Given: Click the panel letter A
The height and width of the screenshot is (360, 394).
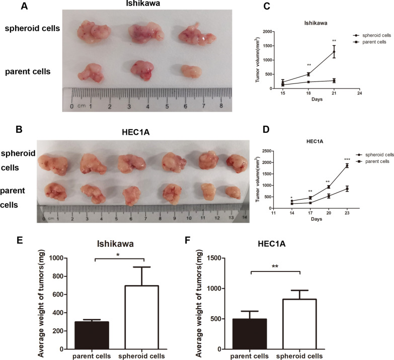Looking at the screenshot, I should click(24, 7).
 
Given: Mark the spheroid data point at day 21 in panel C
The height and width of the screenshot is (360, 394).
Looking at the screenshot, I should click(333, 52).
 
